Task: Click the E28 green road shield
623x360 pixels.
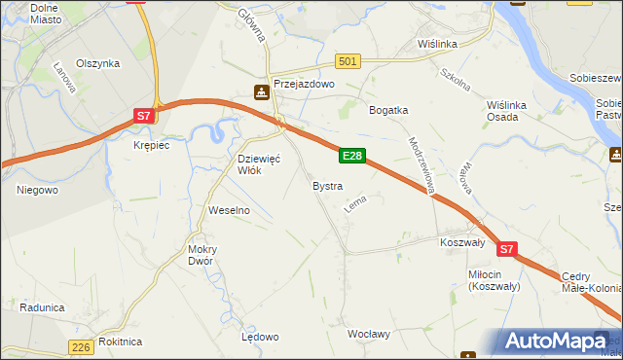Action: (x=352, y=156)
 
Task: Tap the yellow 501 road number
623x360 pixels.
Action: (x=348, y=61)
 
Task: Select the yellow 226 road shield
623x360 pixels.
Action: (x=82, y=347)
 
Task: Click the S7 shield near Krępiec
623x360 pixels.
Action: (x=142, y=116)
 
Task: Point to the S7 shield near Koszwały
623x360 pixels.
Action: (x=506, y=250)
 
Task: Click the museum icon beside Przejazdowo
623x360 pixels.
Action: (x=261, y=92)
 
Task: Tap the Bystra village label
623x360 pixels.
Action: (x=326, y=185)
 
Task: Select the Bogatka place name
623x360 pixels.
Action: (x=387, y=110)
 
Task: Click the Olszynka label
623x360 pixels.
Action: (x=98, y=63)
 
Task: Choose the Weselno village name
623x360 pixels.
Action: (x=230, y=209)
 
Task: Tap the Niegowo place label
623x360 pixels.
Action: (x=37, y=190)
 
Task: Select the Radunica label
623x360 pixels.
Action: (x=42, y=306)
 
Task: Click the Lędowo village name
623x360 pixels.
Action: (x=260, y=337)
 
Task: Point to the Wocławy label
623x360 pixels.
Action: (x=369, y=334)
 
